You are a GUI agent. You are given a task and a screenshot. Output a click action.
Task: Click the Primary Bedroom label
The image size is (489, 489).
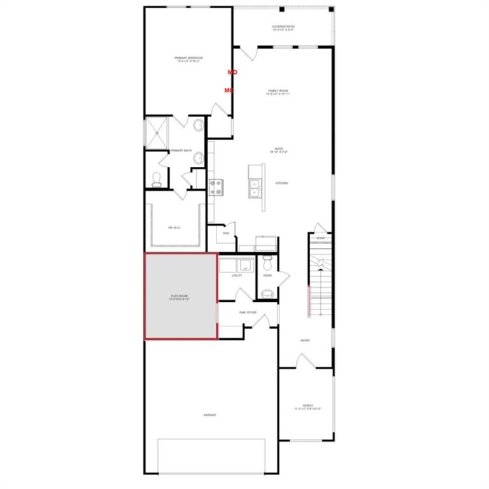pyautogui.click(x=188, y=59)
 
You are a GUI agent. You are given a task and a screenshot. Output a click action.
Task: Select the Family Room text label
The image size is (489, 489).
pyautogui.click(x=279, y=92)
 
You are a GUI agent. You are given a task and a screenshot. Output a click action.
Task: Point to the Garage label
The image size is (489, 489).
pyautogui.click(x=210, y=415)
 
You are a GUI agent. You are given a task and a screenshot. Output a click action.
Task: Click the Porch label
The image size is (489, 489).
pyautogui.click(x=308, y=406)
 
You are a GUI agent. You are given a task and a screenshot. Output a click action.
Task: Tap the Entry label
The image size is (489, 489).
pyautogui.click(x=305, y=340)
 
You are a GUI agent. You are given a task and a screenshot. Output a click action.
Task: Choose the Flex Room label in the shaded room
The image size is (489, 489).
pyautogui.click(x=180, y=297)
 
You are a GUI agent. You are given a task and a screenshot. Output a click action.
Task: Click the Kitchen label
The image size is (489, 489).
pyautogui.click(x=281, y=183)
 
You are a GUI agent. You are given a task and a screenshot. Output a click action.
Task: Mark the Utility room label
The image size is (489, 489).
pyautogui.click(x=237, y=276)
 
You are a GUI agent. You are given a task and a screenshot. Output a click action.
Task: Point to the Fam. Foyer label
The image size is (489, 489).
pyautogui.click(x=247, y=312)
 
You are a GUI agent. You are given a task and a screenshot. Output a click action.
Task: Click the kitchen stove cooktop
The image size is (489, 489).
pyautogui.click(x=216, y=187)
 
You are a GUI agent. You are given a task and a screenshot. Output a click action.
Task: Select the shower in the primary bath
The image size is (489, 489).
pyautogui.click(x=156, y=132)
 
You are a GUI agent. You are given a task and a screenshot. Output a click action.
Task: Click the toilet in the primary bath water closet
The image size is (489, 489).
pyautogui.click(x=157, y=178)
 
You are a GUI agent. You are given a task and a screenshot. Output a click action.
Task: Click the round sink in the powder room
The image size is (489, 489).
pyautogui.click(x=267, y=293)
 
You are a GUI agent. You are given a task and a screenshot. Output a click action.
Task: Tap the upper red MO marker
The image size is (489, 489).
pyautogui.click(x=232, y=73)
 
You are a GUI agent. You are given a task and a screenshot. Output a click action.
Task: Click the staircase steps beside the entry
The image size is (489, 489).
pyautogui.click(x=320, y=280)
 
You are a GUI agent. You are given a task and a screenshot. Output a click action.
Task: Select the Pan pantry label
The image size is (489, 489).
pyautogui.click(x=225, y=233)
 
